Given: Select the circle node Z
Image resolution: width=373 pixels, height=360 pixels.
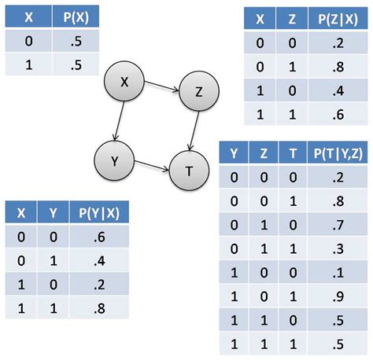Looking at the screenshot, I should click(198, 92).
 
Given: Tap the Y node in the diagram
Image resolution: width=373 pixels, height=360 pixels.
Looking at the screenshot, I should click(114, 161).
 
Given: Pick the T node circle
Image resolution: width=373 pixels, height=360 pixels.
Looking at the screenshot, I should click(189, 169).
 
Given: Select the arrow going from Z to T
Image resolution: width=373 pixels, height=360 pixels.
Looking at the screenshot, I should click(194, 130).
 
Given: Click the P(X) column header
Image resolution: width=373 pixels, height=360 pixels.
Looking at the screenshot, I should click(72, 17).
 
